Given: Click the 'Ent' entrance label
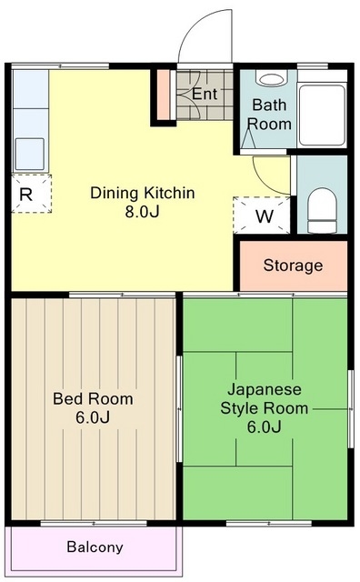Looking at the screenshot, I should tap(204, 94).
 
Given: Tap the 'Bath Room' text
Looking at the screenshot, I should tap(270, 114).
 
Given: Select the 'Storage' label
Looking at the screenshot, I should tap(293, 266).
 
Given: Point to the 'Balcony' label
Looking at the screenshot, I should tap(95, 547).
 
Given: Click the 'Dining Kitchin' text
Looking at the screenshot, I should tap(142, 193).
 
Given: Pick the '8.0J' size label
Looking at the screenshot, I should tap(142, 213).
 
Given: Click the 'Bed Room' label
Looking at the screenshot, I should tap(93, 398).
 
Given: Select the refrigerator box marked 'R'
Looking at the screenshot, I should tap(26, 193).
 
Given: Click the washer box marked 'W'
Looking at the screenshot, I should tap(264, 216).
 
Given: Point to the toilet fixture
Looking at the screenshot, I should tap(322, 209).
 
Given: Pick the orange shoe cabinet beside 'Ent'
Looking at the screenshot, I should tap(164, 95).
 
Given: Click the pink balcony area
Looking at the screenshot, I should tap(95, 547).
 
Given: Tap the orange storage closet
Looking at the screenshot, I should tap(293, 266).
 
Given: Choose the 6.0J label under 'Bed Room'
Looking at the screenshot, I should tap(93, 418).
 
